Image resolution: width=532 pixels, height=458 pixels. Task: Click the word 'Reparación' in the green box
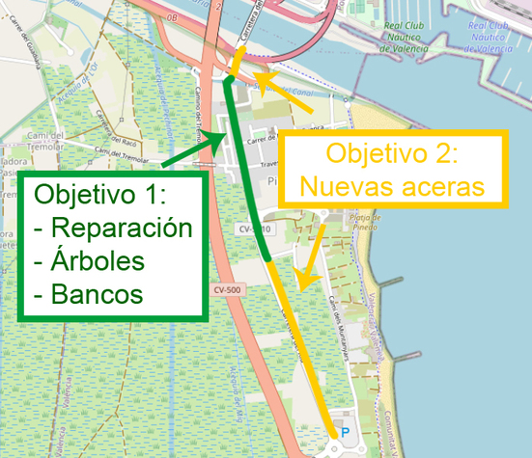pyautogui.click(x=121, y=230)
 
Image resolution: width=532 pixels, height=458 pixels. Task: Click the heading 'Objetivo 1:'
pyautogui.click(x=101, y=196)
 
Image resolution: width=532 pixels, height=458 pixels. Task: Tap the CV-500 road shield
pyautogui.click(x=228, y=289)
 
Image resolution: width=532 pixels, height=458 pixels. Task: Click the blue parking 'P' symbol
pyautogui.click(x=346, y=433)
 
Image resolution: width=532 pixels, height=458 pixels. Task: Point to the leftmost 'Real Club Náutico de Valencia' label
pyautogui.click(x=405, y=33)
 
